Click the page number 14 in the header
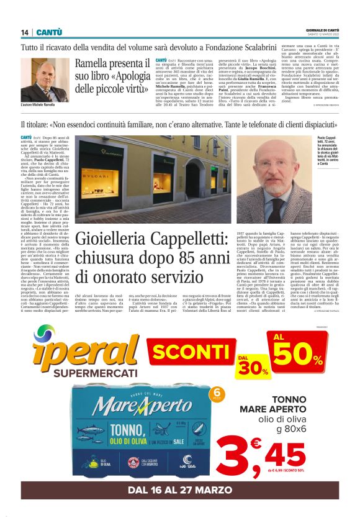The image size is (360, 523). tap(25, 32)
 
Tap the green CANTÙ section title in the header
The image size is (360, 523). tap(48, 32)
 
